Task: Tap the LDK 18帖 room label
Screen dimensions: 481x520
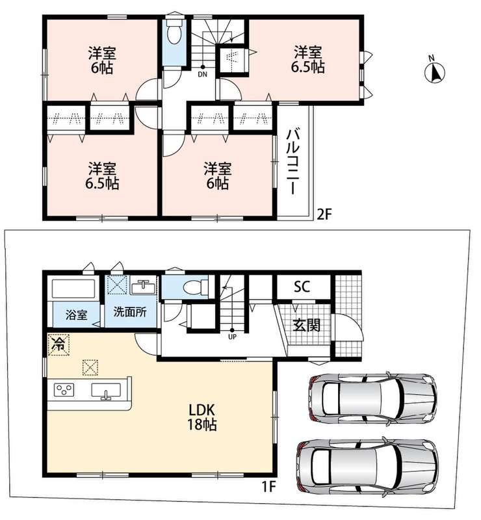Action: pyautogui.click(x=202, y=417)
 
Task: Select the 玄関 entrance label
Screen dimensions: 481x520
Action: pyautogui.click(x=307, y=326)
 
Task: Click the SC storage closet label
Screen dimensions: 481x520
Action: pyautogui.click(x=302, y=286)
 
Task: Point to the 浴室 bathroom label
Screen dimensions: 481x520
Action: pyautogui.click(x=76, y=315)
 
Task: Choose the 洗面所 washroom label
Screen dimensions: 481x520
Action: pyautogui.click(x=130, y=312)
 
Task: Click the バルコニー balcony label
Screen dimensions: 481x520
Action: pyautogui.click(x=293, y=161)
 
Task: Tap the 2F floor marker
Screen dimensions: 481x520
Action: pyautogui.click(x=324, y=214)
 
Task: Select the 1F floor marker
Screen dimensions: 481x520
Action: pyautogui.click(x=268, y=487)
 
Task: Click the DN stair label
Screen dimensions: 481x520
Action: pyautogui.click(x=202, y=74)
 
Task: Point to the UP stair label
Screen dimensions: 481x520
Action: pyautogui.click(x=232, y=337)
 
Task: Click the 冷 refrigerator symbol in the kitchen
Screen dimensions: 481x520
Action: pyautogui.click(x=58, y=344)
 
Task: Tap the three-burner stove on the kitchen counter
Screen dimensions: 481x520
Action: pyautogui.click(x=64, y=389)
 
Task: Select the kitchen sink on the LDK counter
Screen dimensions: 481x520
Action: pyautogui.click(x=106, y=391)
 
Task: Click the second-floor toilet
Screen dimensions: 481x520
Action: pyautogui.click(x=174, y=31)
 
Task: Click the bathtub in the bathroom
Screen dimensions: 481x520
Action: pyautogui.click(x=73, y=289)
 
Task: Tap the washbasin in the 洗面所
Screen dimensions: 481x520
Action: pyautogui.click(x=142, y=286)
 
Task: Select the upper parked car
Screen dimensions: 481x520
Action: pyautogui.click(x=372, y=399)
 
